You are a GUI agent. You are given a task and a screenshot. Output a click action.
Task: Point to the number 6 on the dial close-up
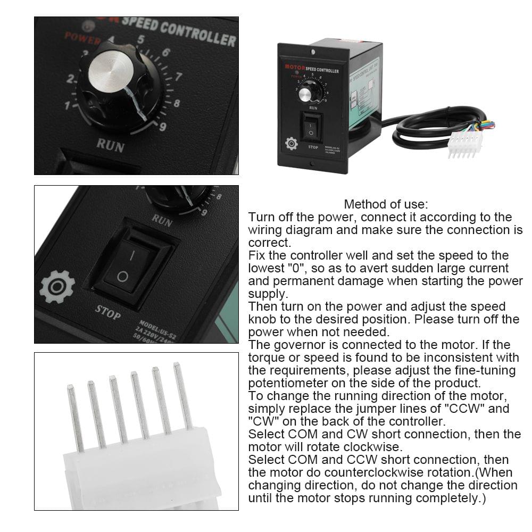point(166,52)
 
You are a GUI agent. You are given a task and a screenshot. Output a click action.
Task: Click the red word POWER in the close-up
point(82,38)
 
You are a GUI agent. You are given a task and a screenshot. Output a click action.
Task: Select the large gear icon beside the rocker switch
point(57,287)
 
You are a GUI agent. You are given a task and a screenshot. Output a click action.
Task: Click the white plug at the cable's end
point(464,143)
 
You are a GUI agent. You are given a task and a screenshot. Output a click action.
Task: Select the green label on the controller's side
point(363,93)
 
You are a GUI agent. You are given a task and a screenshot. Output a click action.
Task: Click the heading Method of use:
point(386,204)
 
